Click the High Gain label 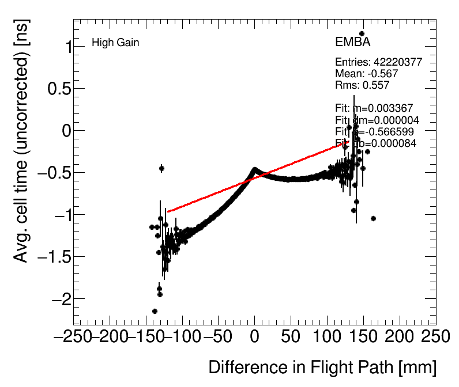pyautogui.click(x=115, y=43)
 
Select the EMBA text pyautogui.click(x=352, y=42)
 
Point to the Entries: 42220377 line pyautogui.click(x=378, y=62)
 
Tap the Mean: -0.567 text pyautogui.click(x=366, y=74)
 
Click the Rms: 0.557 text pyautogui.click(x=362, y=85)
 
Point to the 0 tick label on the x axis pyautogui.click(x=255, y=337)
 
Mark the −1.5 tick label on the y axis pyautogui.click(x=54, y=257)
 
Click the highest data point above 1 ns pyautogui.click(x=362, y=34)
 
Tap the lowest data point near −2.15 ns pyautogui.click(x=155, y=311)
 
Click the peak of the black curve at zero pyautogui.click(x=254, y=169)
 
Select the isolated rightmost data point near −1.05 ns pyautogui.click(x=373, y=218)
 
